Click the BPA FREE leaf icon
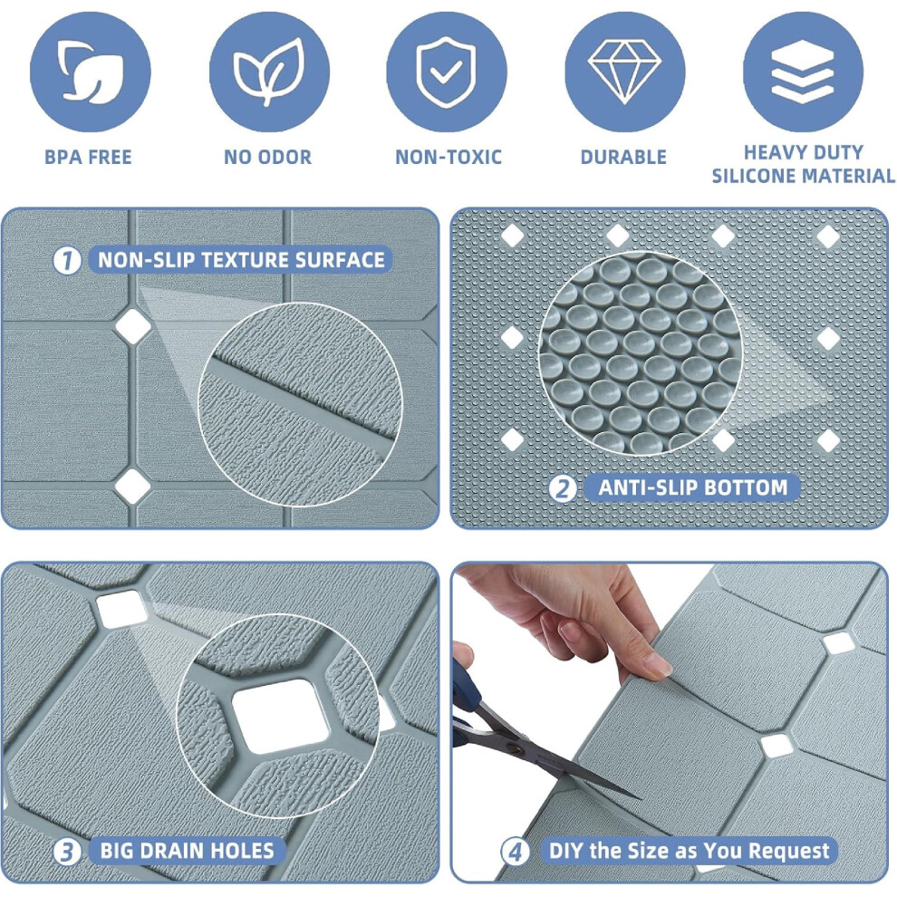pyautogui.click(x=90, y=72)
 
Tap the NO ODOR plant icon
pyautogui.click(x=269, y=72)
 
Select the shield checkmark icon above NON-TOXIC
pyautogui.click(x=447, y=72)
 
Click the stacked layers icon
pyautogui.click(x=803, y=72)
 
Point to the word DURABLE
pyautogui.click(x=623, y=158)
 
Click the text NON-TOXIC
pyautogui.click(x=448, y=158)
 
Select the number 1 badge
pyautogui.click(x=67, y=261)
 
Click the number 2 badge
pyautogui.click(x=563, y=488)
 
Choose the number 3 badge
pyautogui.click(x=67, y=852)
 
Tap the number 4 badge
pyautogui.click(x=515, y=852)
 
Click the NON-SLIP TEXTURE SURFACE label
pyautogui.click(x=241, y=260)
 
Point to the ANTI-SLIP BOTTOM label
pyautogui.click(x=693, y=488)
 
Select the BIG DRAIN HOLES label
pyautogui.click(x=187, y=851)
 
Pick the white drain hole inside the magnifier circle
pyautogui.click(x=280, y=716)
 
